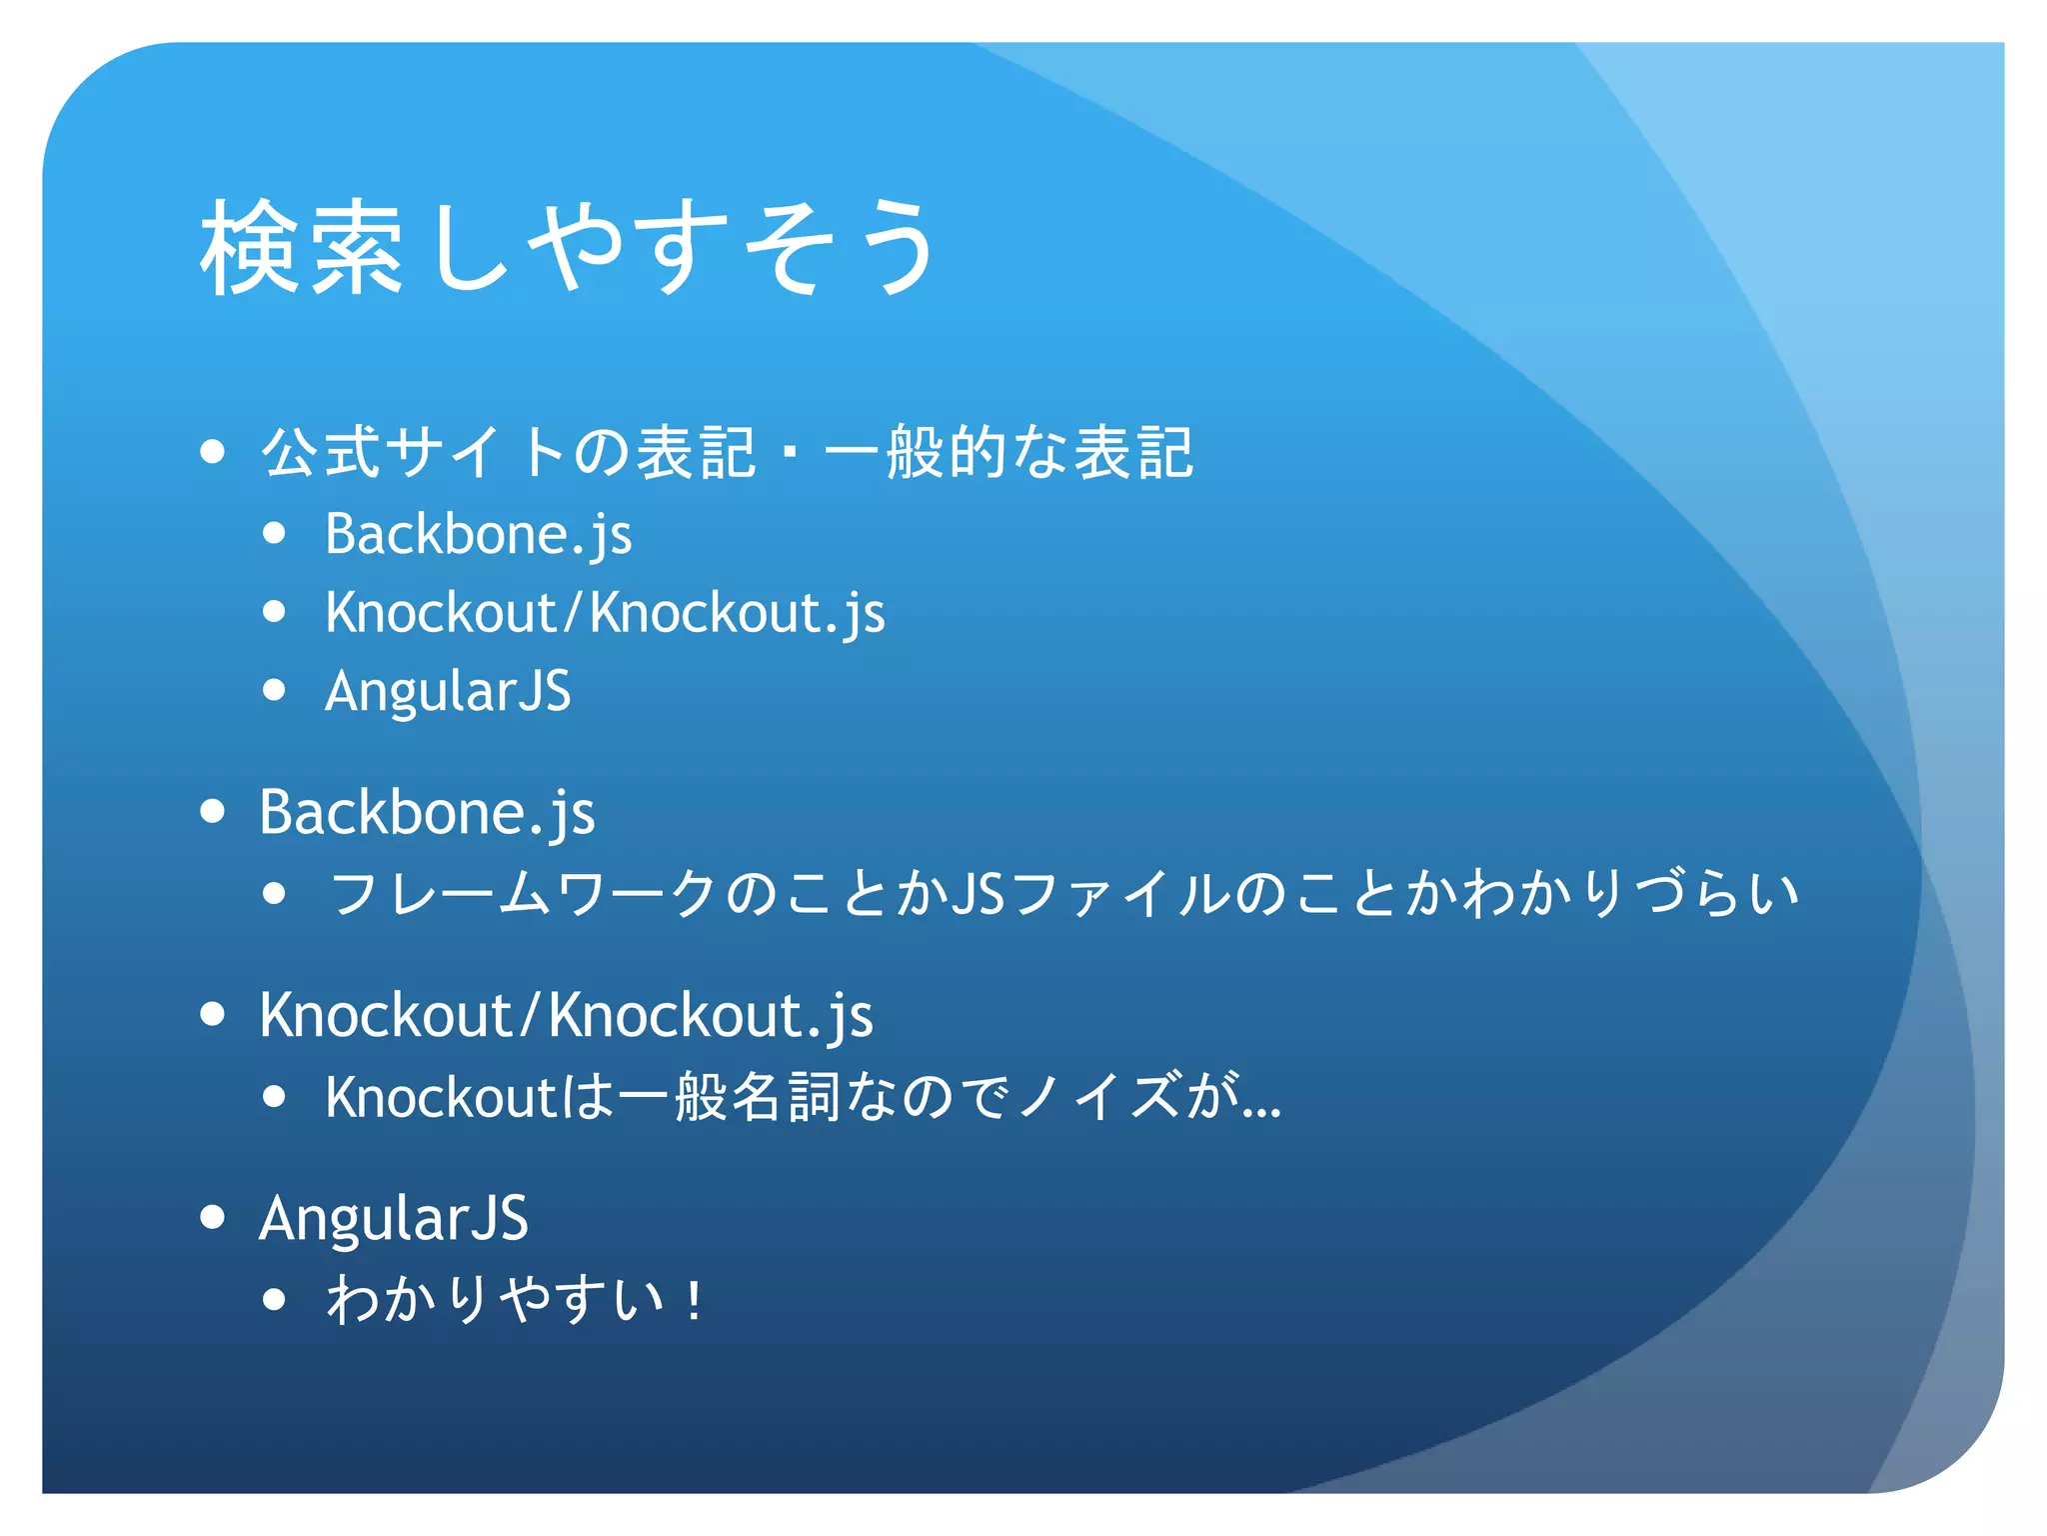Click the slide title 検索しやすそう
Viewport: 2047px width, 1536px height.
pos(568,247)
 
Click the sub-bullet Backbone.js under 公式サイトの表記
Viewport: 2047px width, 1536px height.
pos(478,534)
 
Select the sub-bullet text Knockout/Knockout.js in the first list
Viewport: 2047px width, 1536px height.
pos(605,612)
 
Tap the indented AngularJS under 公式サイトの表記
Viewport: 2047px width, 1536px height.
pos(448,691)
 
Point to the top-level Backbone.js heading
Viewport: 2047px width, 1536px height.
pos(427,811)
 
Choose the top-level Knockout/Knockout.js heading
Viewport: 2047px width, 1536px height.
pos(566,1015)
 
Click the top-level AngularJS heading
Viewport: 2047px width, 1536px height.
pos(393,1218)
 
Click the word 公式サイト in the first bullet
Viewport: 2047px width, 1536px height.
pos(415,452)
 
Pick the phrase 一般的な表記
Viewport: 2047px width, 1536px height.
pos(1008,452)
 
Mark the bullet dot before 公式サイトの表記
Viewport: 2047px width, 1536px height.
pos(212,452)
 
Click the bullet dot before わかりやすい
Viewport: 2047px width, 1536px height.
pos(275,1300)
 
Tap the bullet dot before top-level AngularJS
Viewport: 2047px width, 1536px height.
pos(212,1218)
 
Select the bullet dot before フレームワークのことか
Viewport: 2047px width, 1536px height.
pos(275,893)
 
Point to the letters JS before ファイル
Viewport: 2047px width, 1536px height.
pos(978,893)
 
